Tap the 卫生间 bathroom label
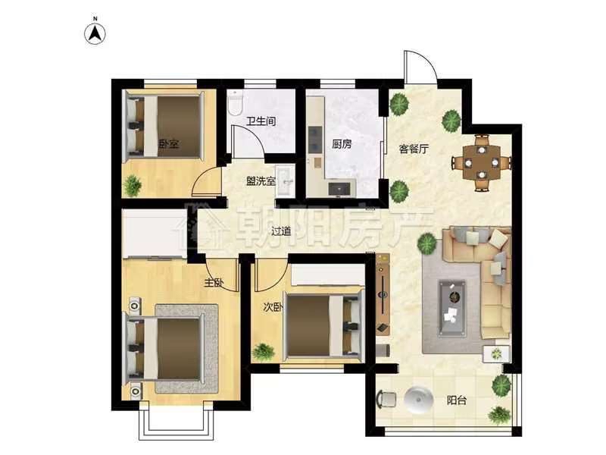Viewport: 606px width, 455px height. [261, 121]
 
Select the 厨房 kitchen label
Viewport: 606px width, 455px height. [342, 144]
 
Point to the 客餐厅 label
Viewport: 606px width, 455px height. [414, 149]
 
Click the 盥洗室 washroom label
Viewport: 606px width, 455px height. [261, 180]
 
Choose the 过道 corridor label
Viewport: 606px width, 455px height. [281, 231]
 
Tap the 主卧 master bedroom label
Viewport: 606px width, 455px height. [214, 283]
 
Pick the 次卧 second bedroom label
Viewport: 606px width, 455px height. [273, 307]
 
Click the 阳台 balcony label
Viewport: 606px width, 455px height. [457, 400]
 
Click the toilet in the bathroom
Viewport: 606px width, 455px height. [235, 102]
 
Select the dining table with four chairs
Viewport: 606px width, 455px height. [482, 162]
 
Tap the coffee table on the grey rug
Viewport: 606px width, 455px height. [451, 308]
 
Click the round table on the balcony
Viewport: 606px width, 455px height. [419, 400]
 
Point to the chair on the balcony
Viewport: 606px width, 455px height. [387, 400]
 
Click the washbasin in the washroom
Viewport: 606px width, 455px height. [285, 180]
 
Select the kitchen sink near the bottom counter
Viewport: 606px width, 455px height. [339, 189]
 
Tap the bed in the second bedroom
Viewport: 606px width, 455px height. [324, 325]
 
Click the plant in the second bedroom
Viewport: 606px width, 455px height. [263, 352]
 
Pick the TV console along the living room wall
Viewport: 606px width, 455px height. [383, 293]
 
